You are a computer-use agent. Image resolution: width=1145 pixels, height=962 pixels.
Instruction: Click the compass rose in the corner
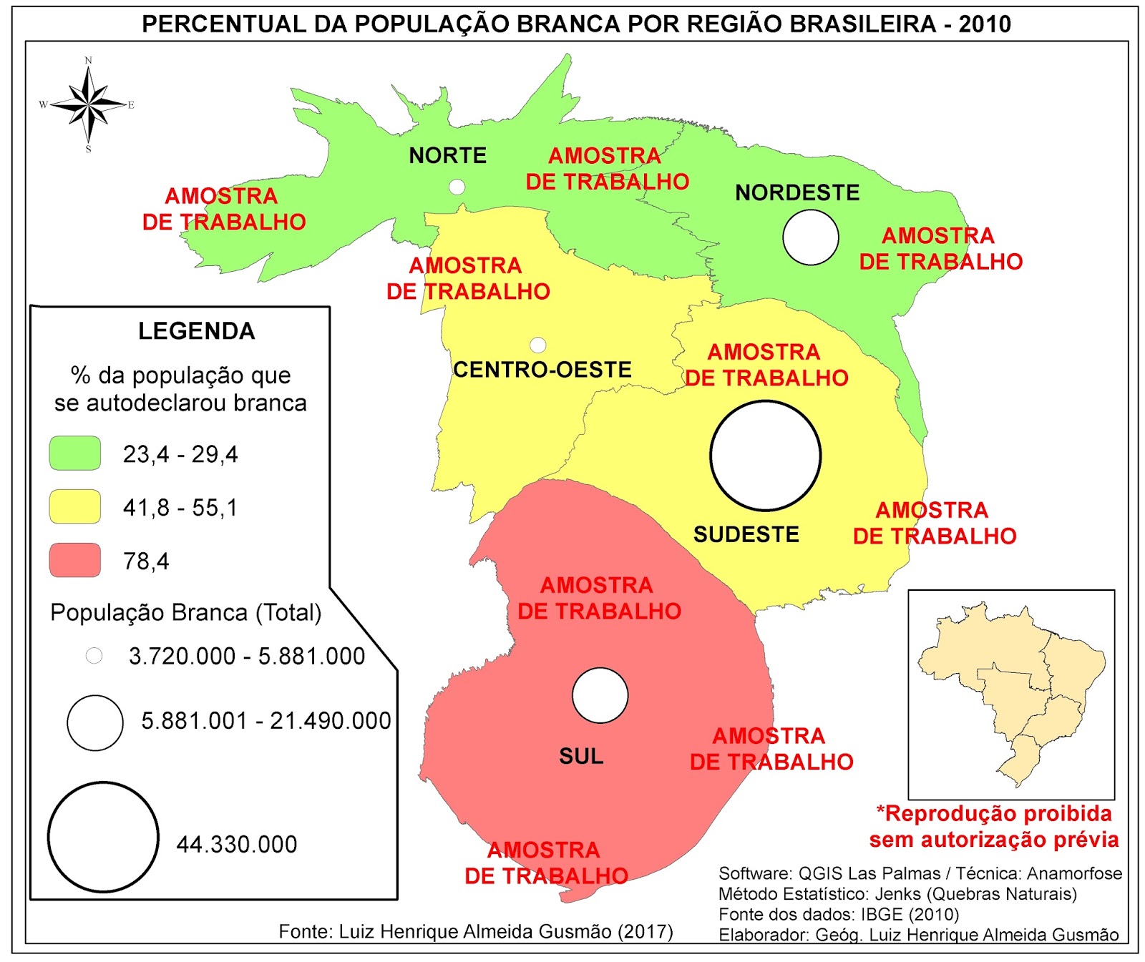click(88, 105)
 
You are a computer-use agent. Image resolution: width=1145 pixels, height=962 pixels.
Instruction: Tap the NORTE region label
click(447, 155)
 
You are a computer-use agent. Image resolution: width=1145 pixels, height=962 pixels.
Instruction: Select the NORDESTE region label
click(797, 192)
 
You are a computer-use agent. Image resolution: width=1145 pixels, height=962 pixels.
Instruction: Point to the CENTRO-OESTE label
click(542, 370)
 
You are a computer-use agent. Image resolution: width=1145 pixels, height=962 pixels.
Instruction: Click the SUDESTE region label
click(746, 534)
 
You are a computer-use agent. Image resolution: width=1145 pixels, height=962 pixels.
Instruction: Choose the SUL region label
click(581, 756)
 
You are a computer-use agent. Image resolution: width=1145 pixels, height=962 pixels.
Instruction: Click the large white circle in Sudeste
click(765, 456)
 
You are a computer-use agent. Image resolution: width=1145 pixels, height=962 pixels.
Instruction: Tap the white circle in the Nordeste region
click(810, 237)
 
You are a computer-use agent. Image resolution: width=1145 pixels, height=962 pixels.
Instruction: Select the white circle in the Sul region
click(600, 695)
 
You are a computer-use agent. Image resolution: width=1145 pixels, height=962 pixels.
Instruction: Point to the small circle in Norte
click(457, 187)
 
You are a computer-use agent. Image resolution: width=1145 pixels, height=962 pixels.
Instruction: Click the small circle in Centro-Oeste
click(538, 345)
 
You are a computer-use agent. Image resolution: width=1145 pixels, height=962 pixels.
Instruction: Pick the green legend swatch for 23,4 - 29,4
click(74, 453)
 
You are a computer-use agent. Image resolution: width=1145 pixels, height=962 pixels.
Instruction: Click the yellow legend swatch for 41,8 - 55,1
click(74, 506)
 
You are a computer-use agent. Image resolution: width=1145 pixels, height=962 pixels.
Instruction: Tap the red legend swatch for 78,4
click(74, 560)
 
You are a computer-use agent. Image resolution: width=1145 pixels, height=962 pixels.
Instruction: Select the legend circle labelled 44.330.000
click(103, 837)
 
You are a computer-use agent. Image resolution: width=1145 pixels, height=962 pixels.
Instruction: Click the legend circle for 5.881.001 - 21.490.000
click(95, 722)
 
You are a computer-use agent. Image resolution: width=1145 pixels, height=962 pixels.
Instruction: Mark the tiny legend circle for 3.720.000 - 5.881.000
click(94, 655)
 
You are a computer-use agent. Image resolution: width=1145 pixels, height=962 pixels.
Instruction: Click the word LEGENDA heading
click(196, 331)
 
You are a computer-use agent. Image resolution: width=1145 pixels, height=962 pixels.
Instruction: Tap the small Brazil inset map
click(1010, 694)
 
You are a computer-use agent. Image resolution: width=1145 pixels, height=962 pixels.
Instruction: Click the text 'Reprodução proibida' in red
click(995, 814)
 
